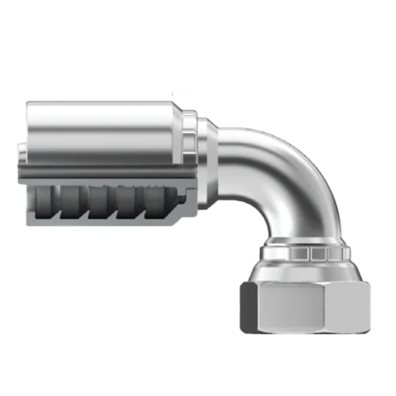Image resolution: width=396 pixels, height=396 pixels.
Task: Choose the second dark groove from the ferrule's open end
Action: (x=77, y=203)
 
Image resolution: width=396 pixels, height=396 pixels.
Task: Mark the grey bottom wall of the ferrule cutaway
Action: (x=101, y=222)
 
